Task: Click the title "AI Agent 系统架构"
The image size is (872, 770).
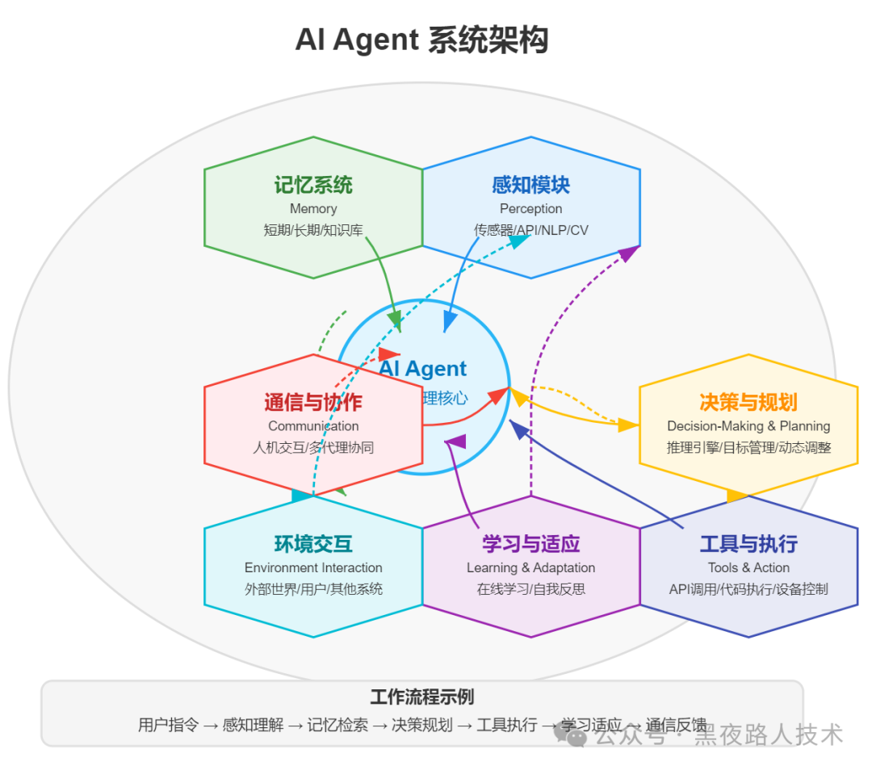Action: click(x=421, y=40)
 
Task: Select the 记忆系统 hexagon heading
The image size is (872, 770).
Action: click(x=313, y=186)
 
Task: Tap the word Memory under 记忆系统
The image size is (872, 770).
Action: click(x=313, y=209)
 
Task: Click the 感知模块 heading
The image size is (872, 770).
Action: click(x=530, y=186)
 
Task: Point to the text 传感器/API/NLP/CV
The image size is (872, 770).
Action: click(x=530, y=230)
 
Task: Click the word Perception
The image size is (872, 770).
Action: click(x=530, y=209)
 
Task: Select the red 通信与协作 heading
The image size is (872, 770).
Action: click(x=313, y=402)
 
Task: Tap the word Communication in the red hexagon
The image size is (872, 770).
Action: click(x=313, y=426)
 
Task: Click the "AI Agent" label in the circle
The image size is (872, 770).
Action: click(x=424, y=369)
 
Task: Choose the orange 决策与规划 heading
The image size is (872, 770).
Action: click(x=748, y=402)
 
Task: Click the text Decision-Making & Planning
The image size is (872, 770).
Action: click(x=748, y=426)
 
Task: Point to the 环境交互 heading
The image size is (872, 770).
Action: click(x=313, y=544)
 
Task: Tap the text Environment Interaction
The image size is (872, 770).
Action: click(x=313, y=568)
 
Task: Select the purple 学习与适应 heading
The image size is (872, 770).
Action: click(x=530, y=544)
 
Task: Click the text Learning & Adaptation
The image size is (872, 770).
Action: click(x=530, y=568)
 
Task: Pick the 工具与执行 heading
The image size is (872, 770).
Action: click(x=748, y=544)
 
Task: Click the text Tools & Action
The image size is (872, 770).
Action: click(x=748, y=568)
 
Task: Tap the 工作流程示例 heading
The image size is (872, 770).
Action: click(x=421, y=697)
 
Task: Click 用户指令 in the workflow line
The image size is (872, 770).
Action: click(x=168, y=725)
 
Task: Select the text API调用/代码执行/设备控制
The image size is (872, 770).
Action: click(x=748, y=589)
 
